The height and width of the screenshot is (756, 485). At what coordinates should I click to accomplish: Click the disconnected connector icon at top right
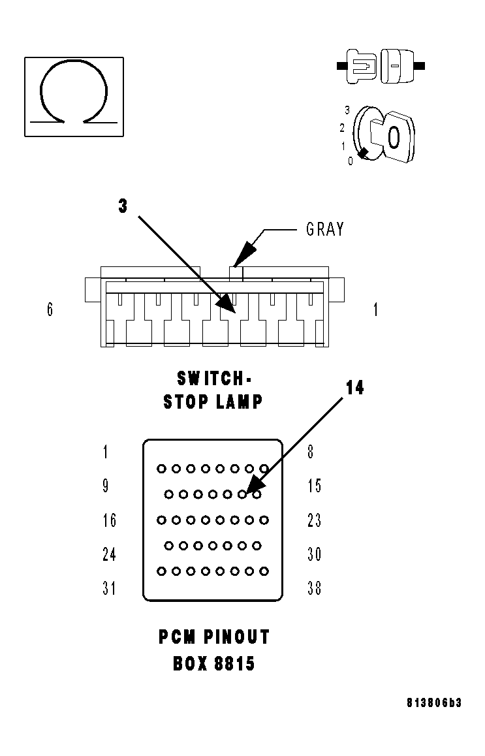(381, 65)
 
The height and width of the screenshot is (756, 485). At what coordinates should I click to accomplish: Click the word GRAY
(324, 229)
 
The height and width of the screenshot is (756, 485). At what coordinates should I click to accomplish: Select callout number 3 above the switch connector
(123, 206)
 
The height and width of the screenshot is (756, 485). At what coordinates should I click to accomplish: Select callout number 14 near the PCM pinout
(354, 388)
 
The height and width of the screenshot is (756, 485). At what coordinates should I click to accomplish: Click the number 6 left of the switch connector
(50, 309)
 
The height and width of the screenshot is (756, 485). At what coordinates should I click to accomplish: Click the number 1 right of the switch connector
(375, 309)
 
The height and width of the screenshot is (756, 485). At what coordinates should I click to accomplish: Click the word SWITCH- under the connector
(213, 378)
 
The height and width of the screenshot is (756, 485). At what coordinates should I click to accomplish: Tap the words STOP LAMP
(213, 402)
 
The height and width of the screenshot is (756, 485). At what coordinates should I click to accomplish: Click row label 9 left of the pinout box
(106, 486)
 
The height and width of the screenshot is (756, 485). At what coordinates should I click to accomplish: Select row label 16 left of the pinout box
(109, 520)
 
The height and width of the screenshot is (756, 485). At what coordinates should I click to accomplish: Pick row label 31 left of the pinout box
(109, 588)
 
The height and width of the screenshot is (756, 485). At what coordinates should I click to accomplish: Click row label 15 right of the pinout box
(314, 486)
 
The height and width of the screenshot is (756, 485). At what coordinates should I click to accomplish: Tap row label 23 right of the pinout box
(314, 520)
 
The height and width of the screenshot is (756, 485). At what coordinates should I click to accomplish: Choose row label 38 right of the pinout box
(314, 588)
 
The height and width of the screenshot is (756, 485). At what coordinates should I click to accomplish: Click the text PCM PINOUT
(213, 637)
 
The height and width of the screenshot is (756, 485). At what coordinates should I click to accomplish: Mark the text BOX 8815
(213, 664)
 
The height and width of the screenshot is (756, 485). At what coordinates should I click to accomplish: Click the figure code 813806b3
(433, 703)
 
